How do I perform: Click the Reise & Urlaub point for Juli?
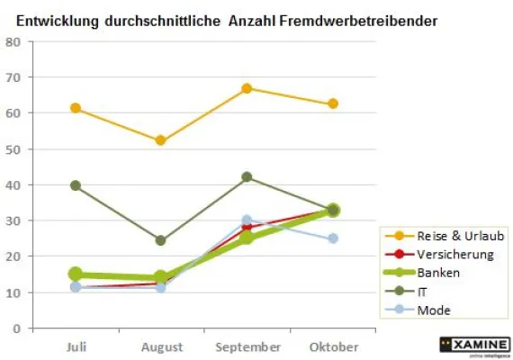76,108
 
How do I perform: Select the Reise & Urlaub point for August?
160,140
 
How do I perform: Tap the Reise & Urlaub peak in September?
247,88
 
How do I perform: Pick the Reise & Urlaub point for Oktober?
333,104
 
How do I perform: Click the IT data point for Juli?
76,185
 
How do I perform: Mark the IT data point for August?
160,240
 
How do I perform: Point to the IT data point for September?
247,177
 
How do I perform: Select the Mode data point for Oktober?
333,238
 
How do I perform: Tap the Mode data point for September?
247,220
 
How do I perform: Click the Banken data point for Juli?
76,274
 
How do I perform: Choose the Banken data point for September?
247,238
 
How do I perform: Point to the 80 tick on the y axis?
14,42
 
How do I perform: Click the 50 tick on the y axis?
14,149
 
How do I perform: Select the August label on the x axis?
161,347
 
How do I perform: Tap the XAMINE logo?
474,346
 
